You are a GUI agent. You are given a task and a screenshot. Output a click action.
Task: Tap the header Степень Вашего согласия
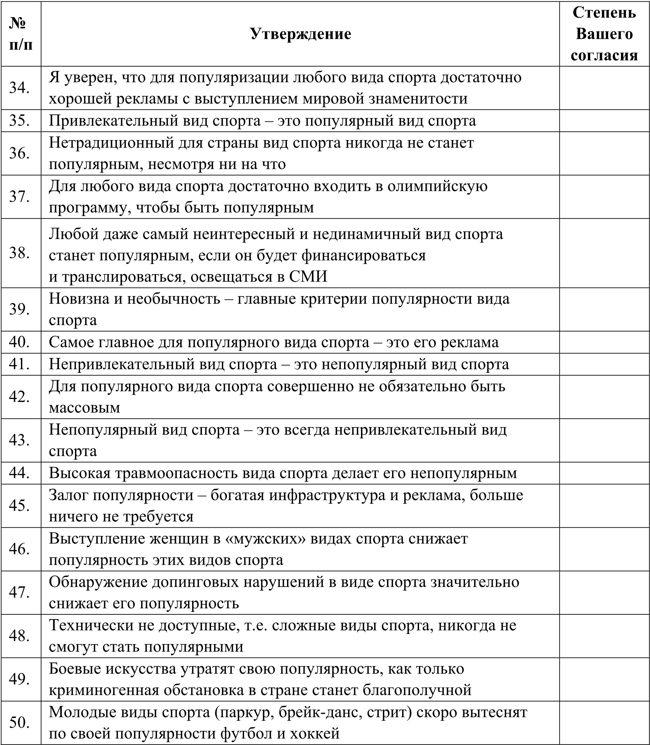click(x=604, y=34)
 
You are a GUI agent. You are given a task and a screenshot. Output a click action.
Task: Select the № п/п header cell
click(x=21, y=34)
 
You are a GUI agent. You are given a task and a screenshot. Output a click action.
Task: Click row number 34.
click(x=20, y=88)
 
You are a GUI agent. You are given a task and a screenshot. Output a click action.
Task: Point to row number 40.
click(x=20, y=342)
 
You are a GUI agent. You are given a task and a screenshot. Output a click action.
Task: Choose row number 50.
click(x=20, y=722)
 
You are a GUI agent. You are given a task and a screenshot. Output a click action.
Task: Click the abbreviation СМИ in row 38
click(x=308, y=276)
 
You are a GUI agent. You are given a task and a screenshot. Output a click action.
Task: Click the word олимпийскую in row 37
click(x=437, y=186)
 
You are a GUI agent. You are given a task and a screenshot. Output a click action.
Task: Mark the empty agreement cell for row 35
click(x=604, y=121)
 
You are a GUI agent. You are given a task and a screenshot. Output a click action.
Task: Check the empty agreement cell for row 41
click(x=604, y=364)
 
